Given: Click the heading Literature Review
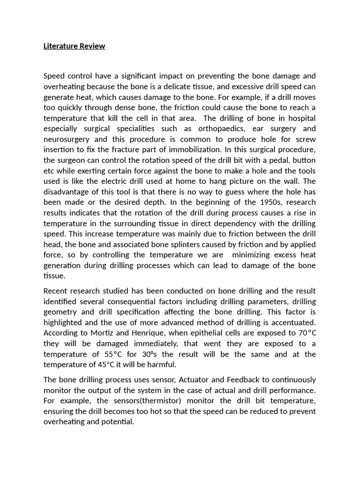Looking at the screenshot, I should (x=74, y=46).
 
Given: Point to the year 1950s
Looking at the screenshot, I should (x=257, y=202).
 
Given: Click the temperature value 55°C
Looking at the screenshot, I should (x=118, y=354).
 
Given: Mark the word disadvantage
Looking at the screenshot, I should (x=68, y=192).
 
